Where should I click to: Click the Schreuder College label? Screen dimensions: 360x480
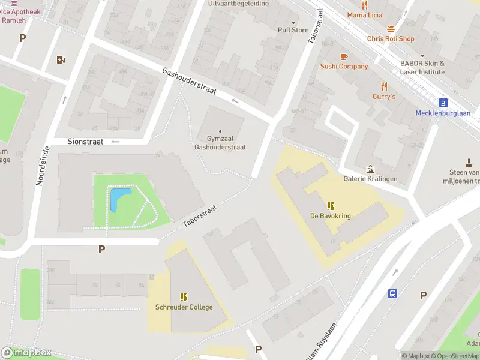[x=184, y=307]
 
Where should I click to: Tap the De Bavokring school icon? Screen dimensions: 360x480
[x=331, y=206]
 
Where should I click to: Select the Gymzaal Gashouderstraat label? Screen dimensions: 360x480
[x=220, y=143]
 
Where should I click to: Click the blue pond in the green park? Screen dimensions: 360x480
[x=119, y=199]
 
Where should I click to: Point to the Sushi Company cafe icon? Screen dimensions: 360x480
[x=344, y=56]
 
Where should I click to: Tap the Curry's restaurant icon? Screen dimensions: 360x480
[x=384, y=86]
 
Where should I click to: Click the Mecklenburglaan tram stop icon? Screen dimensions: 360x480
[x=443, y=103]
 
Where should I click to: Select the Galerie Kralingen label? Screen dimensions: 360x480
[x=370, y=179]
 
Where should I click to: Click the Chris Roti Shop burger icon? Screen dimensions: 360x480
[x=391, y=29]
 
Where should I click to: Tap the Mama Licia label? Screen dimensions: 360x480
[x=365, y=14]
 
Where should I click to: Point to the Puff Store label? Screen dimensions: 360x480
[x=293, y=30]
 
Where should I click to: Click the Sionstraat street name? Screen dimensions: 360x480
[x=86, y=142]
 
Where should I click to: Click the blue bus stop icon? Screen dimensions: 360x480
[x=392, y=293]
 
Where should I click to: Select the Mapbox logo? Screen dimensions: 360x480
[x=26, y=353]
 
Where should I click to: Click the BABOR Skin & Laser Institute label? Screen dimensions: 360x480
[x=422, y=67]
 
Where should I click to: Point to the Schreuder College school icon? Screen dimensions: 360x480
[x=184, y=297]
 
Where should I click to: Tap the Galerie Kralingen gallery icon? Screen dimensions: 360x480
[x=370, y=169]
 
